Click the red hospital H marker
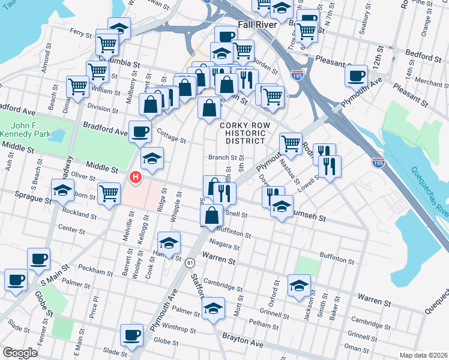click(x=136, y=177)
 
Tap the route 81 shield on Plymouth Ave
click(x=190, y=263)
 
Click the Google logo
click(x=20, y=352)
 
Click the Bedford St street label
click(x=423, y=57)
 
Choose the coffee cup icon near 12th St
click(x=357, y=75)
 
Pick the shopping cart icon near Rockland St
click(x=109, y=193)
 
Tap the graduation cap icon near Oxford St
click(x=299, y=285)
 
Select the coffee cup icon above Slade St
click(x=131, y=334)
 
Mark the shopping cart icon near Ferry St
click(x=107, y=43)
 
